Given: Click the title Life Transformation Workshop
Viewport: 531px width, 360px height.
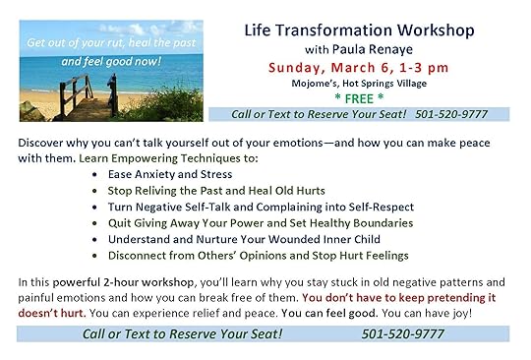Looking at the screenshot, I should (x=359, y=30).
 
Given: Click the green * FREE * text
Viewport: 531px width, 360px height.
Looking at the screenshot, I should (x=359, y=98).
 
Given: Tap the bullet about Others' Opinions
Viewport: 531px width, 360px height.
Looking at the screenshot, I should (x=258, y=256).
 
